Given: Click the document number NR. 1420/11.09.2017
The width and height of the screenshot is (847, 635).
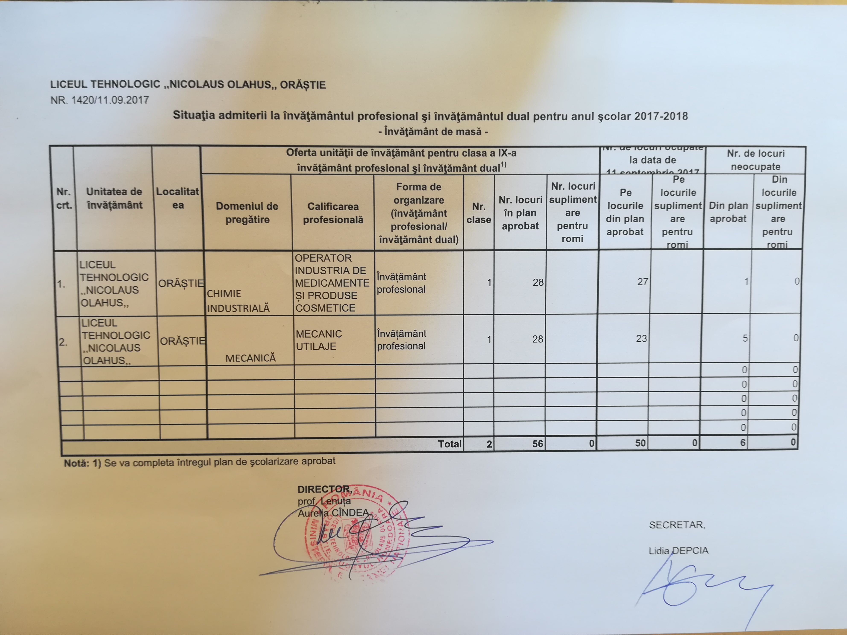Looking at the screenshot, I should click(99, 100).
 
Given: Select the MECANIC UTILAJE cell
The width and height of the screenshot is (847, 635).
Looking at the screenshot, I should click(318, 340).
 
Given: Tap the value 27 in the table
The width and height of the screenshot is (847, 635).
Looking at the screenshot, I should click(642, 282).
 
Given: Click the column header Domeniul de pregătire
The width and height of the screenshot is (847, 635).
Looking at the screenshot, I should click(247, 213).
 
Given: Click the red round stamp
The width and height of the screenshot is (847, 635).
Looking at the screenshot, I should click(354, 532).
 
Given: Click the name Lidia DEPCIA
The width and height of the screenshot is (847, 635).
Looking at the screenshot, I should click(678, 551).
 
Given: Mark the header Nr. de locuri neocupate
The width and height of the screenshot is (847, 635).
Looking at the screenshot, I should click(755, 160).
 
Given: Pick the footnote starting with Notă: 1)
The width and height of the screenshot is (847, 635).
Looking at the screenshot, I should click(199, 462).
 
